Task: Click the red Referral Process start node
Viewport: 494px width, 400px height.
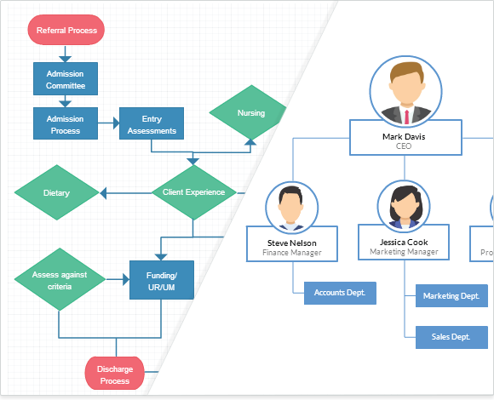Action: tap(67, 31)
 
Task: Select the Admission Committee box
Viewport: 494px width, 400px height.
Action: tap(66, 80)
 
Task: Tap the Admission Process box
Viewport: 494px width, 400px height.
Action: tap(66, 124)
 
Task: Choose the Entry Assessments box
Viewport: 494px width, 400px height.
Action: tap(152, 124)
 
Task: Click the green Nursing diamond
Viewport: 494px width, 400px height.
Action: tap(250, 113)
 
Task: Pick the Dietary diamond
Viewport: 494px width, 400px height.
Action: tap(57, 193)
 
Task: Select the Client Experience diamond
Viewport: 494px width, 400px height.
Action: tap(193, 192)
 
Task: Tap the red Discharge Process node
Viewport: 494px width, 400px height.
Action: tap(114, 374)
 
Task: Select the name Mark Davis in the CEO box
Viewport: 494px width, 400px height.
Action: tap(405, 136)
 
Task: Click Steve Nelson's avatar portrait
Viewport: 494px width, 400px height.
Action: tap(292, 208)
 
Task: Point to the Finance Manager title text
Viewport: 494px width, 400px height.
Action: tap(292, 253)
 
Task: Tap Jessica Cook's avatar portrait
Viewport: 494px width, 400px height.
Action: tap(404, 206)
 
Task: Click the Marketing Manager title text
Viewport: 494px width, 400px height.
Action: tap(404, 252)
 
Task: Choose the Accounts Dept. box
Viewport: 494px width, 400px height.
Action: tap(340, 293)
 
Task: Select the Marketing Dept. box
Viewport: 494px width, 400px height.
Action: tap(451, 297)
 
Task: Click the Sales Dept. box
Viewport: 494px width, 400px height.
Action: tap(451, 337)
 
